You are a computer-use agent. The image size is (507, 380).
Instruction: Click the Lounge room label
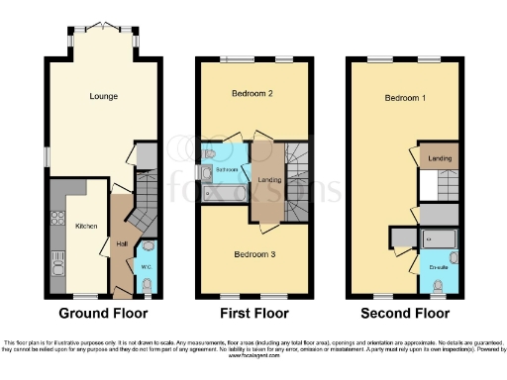pos(102,96)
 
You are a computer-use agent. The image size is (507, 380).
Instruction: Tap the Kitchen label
pos(86,227)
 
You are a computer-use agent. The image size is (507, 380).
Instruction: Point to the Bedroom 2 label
pos(253,96)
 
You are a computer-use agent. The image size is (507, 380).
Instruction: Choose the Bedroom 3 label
pos(253,254)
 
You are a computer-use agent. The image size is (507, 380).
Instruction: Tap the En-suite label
pos(437,267)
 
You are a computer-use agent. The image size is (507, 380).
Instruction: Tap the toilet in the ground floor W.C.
pos(148,284)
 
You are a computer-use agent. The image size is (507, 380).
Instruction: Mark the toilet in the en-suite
pos(437,286)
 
